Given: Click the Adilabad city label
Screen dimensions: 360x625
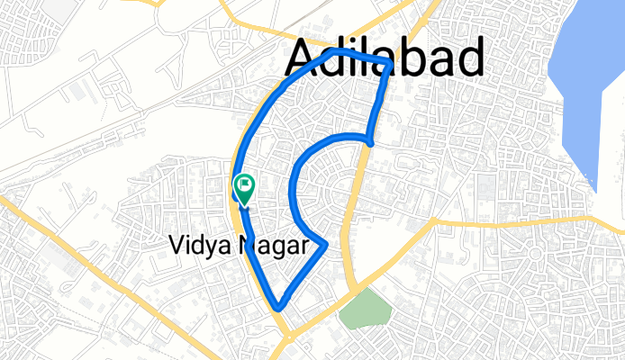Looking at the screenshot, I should (385, 58).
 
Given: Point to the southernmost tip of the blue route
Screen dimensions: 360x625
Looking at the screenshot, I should (279, 308).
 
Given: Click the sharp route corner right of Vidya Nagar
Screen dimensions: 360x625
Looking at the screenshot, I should (325, 244).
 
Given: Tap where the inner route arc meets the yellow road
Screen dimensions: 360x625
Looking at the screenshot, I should (370, 140).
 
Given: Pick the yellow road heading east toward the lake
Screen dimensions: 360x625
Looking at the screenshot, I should (504, 219).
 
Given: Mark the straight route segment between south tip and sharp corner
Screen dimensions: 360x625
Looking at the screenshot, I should (303, 275).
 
